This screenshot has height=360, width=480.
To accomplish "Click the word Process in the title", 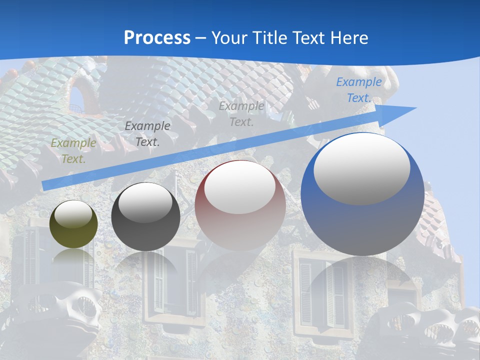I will [x=157, y=37].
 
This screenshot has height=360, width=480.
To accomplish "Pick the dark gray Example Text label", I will [x=147, y=134].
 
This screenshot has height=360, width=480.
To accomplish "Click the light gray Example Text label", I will [x=241, y=113].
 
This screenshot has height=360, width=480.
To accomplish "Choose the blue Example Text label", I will [x=359, y=90].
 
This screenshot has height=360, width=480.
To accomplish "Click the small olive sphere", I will [x=73, y=224].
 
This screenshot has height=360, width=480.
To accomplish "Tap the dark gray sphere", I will [x=145, y=216].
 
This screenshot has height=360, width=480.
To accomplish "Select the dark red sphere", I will [x=240, y=205].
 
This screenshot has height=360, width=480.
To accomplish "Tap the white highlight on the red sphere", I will [x=240, y=187].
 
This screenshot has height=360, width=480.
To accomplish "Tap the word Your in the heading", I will [x=228, y=37].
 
